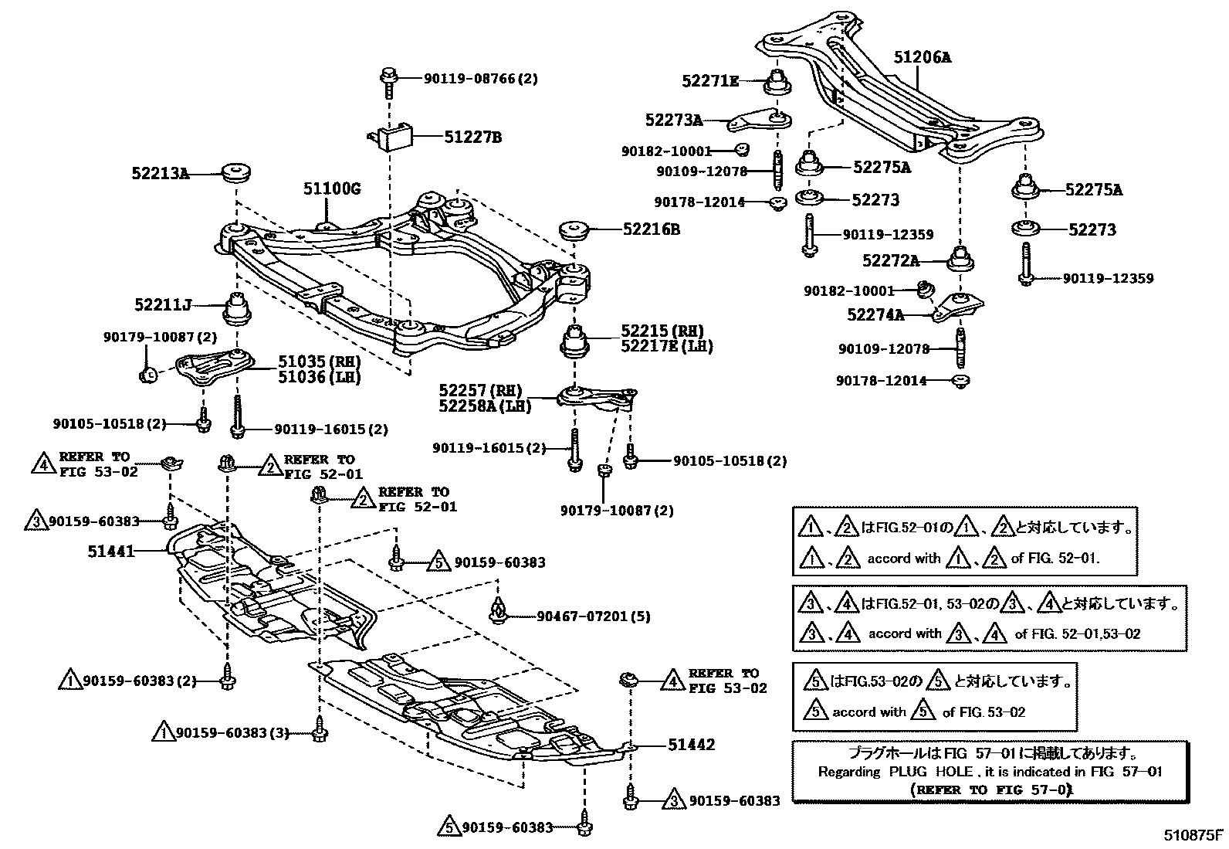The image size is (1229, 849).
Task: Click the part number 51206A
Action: click(x=923, y=57)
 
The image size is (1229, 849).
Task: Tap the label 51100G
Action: click(x=332, y=189)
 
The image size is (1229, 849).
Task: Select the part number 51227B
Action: click(x=473, y=137)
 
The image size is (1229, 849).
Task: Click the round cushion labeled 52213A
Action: click(x=236, y=173)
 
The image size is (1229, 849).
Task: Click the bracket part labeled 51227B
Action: click(x=391, y=137)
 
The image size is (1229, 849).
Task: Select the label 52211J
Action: click(x=163, y=305)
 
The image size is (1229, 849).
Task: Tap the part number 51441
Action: click(x=111, y=552)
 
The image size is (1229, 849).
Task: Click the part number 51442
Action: click(x=692, y=745)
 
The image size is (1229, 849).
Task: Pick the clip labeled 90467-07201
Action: click(x=498, y=610)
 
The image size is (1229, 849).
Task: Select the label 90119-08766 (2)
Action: click(x=481, y=79)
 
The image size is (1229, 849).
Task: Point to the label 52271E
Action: click(x=710, y=81)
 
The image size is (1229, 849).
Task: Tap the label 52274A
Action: click(x=875, y=314)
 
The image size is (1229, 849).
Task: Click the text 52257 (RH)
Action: click(x=480, y=390)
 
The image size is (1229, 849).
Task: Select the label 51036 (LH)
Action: click(x=320, y=377)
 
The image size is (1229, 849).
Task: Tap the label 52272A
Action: click(x=890, y=260)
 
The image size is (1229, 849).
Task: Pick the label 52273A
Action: click(x=674, y=120)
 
